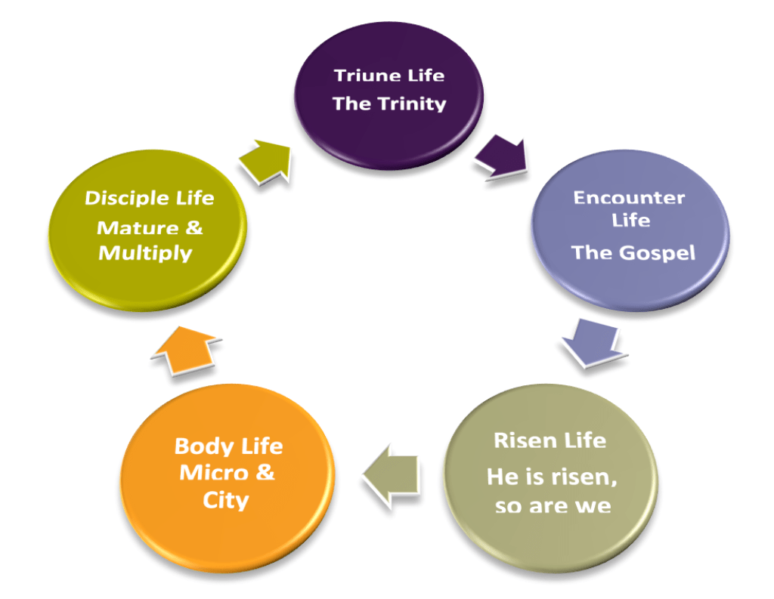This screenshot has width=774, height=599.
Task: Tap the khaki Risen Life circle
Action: pos(550,472)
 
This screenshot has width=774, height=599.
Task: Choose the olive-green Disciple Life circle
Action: pos(147,227)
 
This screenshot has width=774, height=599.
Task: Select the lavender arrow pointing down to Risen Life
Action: pos(593,342)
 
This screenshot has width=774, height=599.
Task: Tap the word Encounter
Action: pos(629,198)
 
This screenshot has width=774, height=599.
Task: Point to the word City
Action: pos(225,500)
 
